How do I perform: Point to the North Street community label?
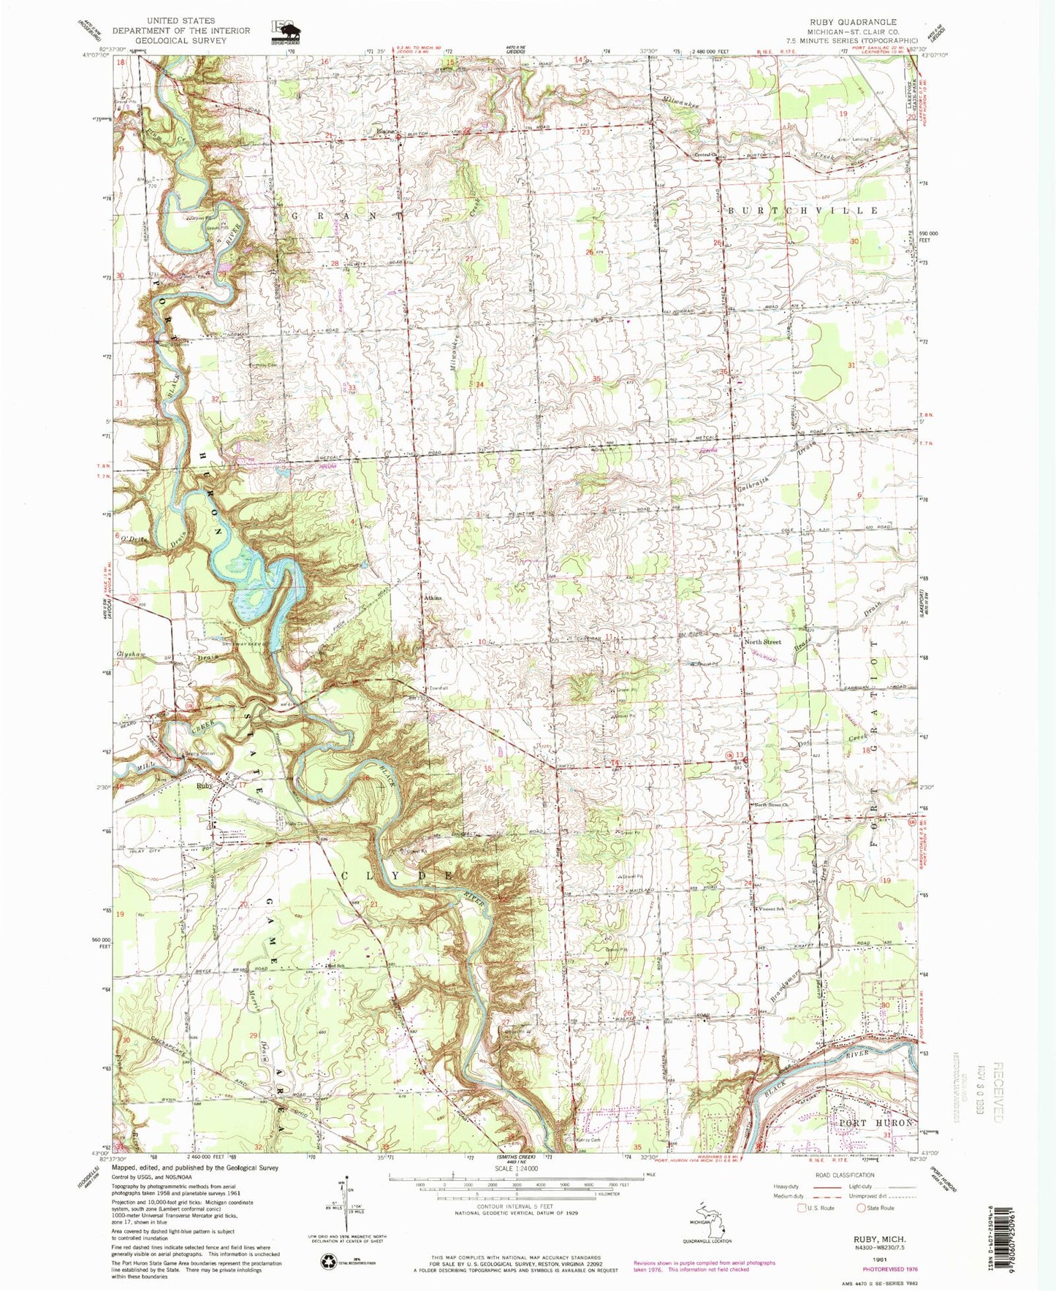(762, 641)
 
